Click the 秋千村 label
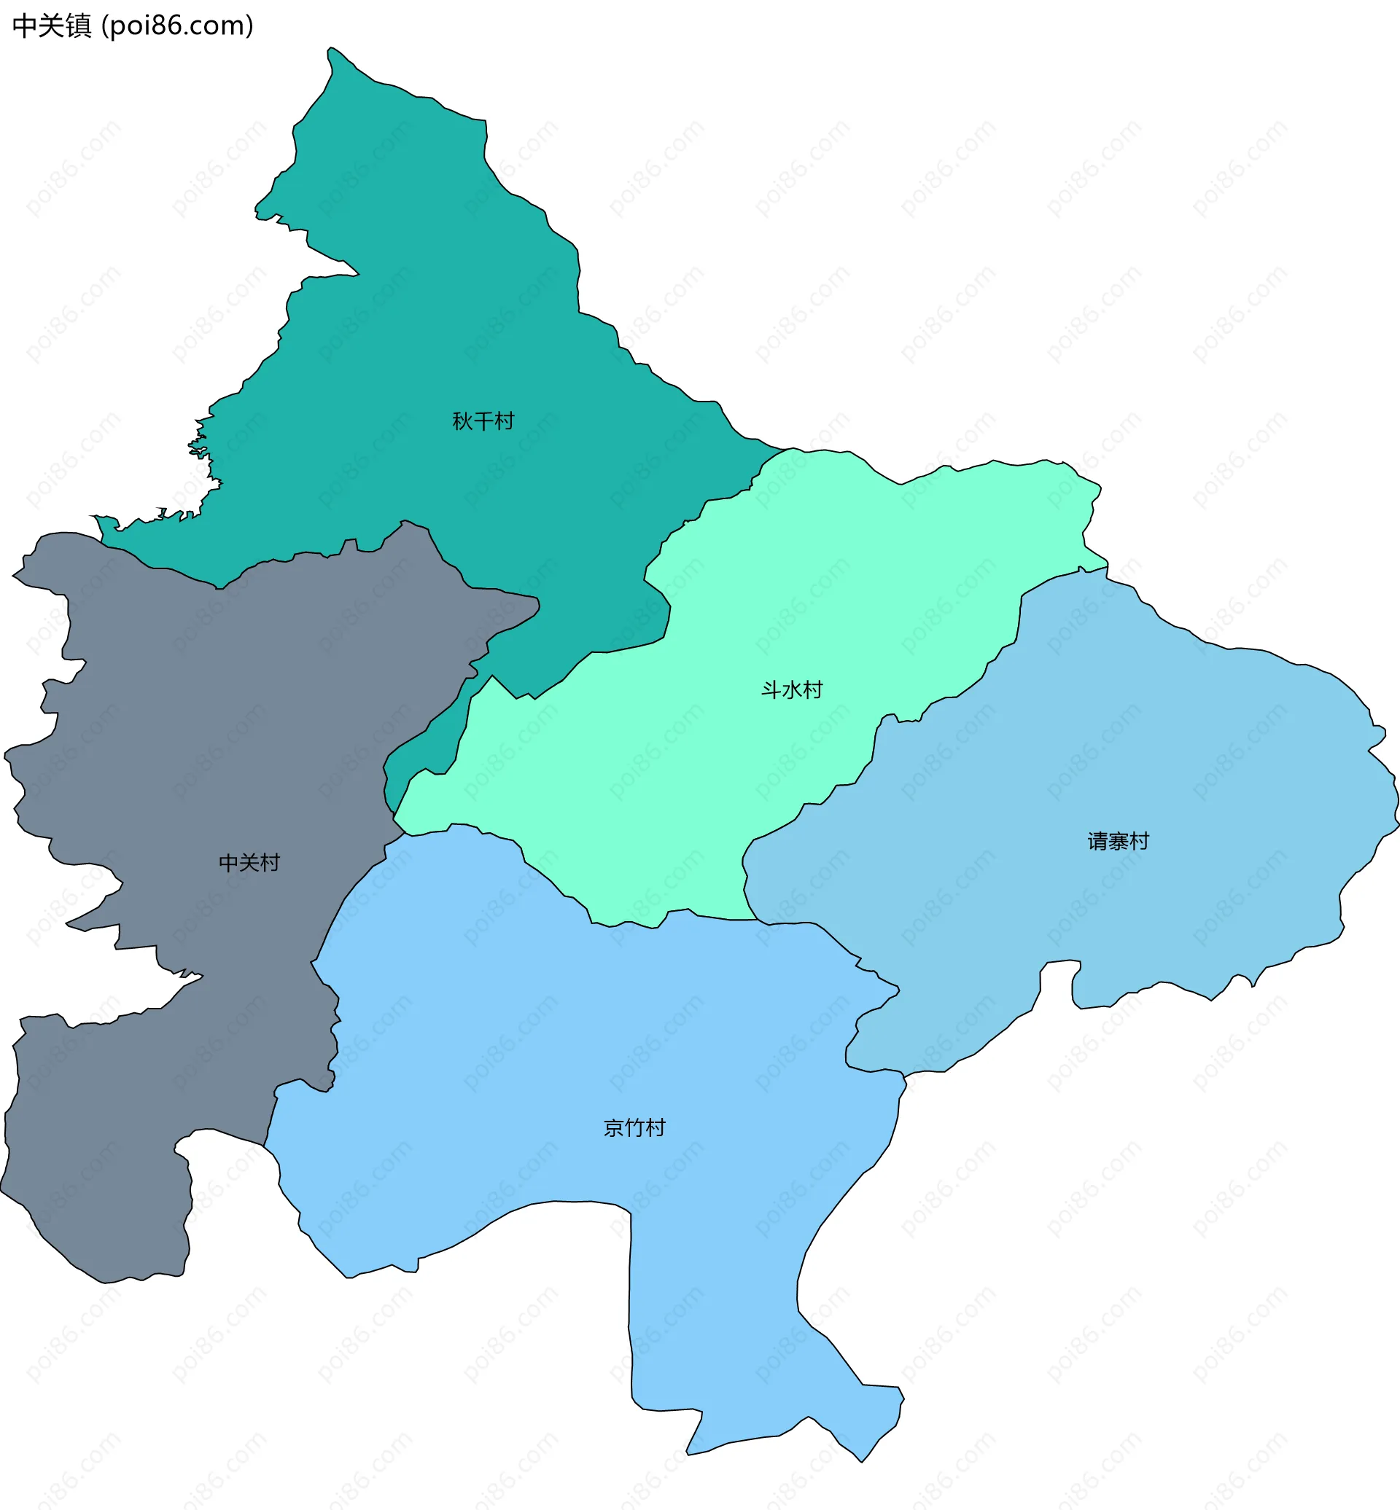(x=483, y=421)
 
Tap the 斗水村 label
(x=792, y=690)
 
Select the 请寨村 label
(x=1119, y=841)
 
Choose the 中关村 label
(x=249, y=863)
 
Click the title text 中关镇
(x=52, y=26)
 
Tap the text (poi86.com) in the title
(x=177, y=26)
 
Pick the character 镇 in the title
(x=78, y=26)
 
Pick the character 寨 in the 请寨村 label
(x=1119, y=841)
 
